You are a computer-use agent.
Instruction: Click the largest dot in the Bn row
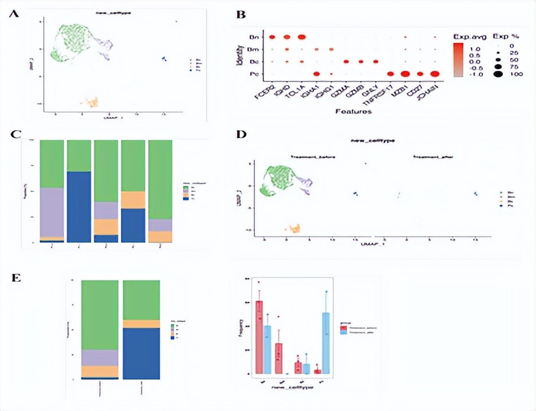(x=302, y=38)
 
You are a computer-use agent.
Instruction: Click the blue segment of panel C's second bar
(x=78, y=206)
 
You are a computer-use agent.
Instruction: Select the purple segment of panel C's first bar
(x=51, y=212)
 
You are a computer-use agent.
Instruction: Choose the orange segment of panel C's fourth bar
(x=133, y=200)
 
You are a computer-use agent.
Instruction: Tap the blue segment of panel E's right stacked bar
(x=142, y=353)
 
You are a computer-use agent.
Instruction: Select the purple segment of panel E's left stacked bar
(x=100, y=357)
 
